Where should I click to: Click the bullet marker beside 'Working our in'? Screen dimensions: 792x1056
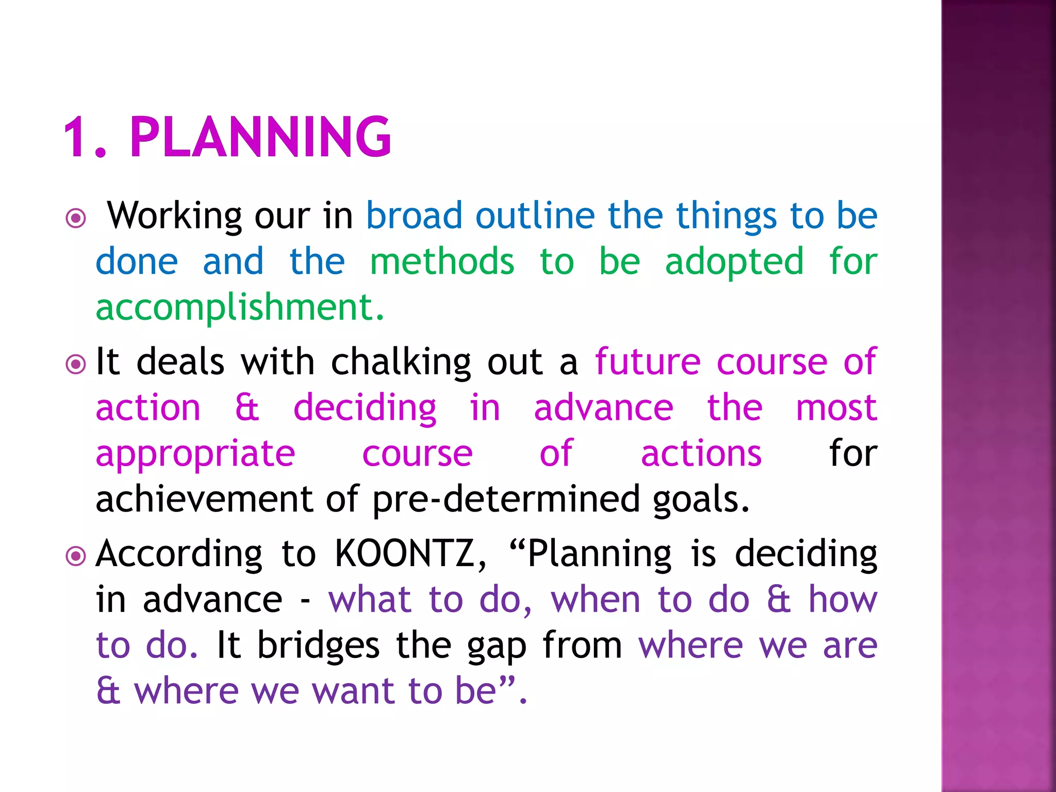pos(76,218)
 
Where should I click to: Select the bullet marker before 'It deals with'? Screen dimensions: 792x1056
pos(76,365)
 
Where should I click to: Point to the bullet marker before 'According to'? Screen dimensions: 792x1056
pos(76,556)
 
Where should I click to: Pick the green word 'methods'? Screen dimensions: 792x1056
pos(442,261)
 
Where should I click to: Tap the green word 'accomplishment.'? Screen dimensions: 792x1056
pos(240,308)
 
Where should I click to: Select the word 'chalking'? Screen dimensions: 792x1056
pos(401,362)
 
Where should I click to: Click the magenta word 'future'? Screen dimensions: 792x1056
pos(648,362)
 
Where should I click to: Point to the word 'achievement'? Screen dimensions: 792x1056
pos(204,499)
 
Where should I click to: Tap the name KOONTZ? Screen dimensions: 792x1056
pos(410,554)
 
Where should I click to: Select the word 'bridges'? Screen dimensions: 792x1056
pos(318,646)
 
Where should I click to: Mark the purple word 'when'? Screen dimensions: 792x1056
pos(596,600)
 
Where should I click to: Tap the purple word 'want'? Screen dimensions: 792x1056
pos(355,691)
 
